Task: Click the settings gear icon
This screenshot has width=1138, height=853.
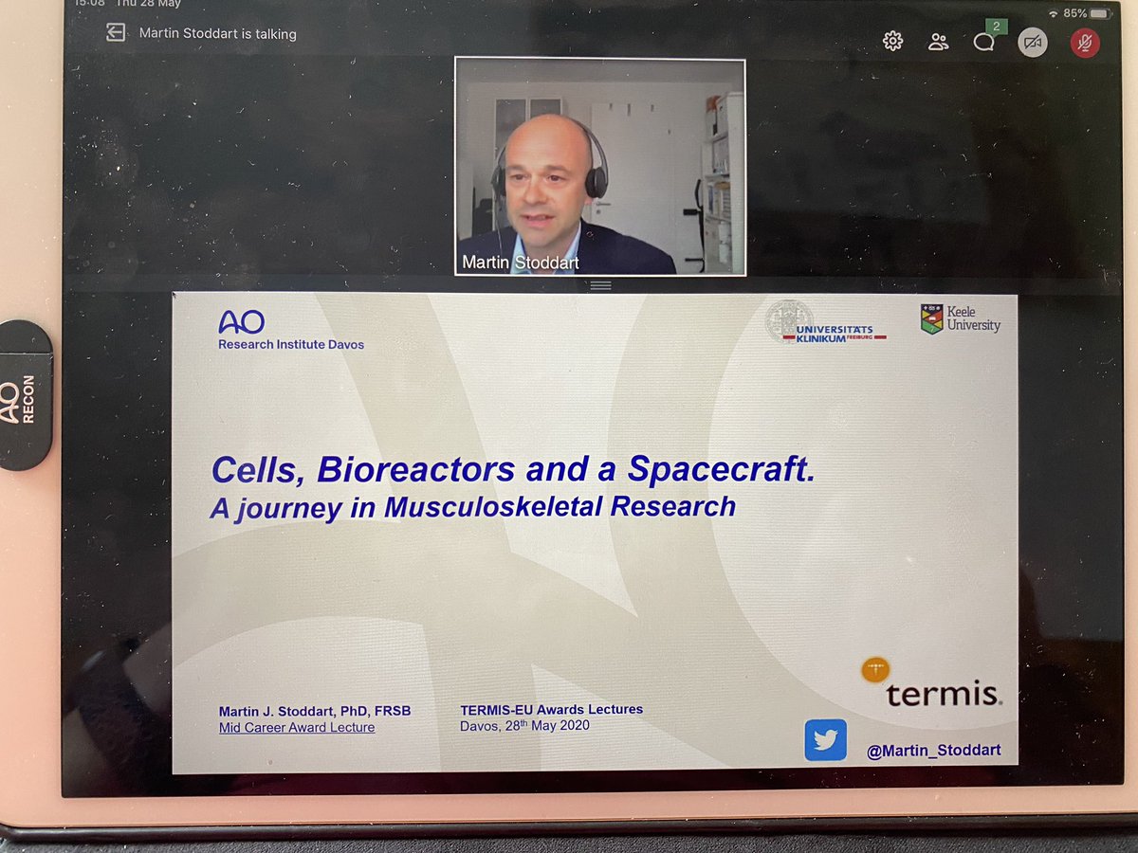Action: point(892,41)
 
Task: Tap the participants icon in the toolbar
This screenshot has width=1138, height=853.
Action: point(939,42)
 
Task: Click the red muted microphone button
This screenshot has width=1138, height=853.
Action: point(1085,43)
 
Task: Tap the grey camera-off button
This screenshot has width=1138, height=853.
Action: point(1033,43)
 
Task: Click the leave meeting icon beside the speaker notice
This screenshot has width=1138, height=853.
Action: point(116,33)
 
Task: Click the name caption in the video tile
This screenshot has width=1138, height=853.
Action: point(520,263)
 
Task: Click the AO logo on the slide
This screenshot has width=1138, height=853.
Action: point(241,322)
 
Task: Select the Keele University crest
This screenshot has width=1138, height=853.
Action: point(931,318)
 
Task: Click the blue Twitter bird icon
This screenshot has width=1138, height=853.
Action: point(825,739)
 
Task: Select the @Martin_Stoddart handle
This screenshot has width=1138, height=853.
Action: point(933,751)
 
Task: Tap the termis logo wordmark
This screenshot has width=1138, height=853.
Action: point(943,695)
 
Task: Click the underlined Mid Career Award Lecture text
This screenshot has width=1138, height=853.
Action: point(297,728)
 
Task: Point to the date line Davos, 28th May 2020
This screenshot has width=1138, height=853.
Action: point(524,725)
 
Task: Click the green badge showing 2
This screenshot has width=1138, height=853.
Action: point(996,27)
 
